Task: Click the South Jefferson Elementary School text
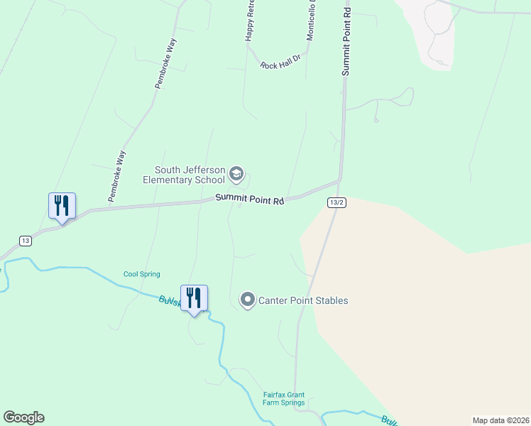190,175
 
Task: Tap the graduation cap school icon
236,174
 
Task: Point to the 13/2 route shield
336,203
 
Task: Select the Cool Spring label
142,274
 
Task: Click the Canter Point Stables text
303,300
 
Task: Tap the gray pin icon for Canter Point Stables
248,300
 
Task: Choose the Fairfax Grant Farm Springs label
283,398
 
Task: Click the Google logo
23,417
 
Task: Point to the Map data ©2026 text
500,420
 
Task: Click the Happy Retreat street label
250,21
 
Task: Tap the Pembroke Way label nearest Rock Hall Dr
165,64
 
